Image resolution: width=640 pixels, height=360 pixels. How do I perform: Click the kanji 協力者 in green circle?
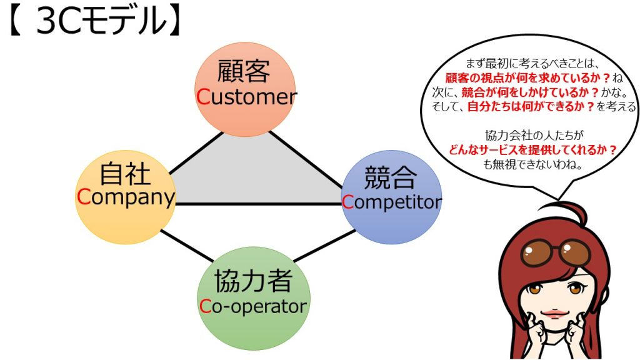tap(253, 282)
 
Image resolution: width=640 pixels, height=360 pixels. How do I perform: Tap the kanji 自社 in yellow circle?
tap(125, 174)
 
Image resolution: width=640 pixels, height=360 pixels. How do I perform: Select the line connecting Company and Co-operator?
tap(187, 246)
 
